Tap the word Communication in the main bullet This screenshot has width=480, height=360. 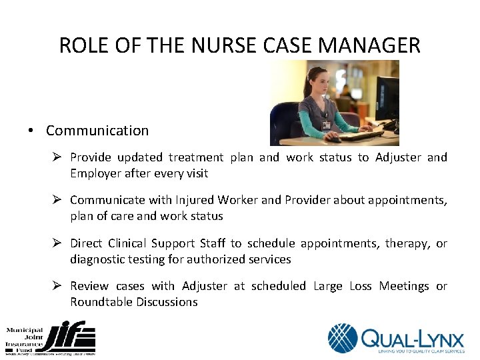(97, 131)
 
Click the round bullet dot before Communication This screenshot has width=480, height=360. (31, 131)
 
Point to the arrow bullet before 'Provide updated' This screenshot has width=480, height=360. (57, 157)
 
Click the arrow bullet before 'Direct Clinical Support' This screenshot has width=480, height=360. (57, 243)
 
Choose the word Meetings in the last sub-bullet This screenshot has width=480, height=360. (404, 286)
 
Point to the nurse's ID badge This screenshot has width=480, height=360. (326, 125)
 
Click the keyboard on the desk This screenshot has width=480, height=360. (363, 135)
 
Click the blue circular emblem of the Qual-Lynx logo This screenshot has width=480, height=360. (343, 338)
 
